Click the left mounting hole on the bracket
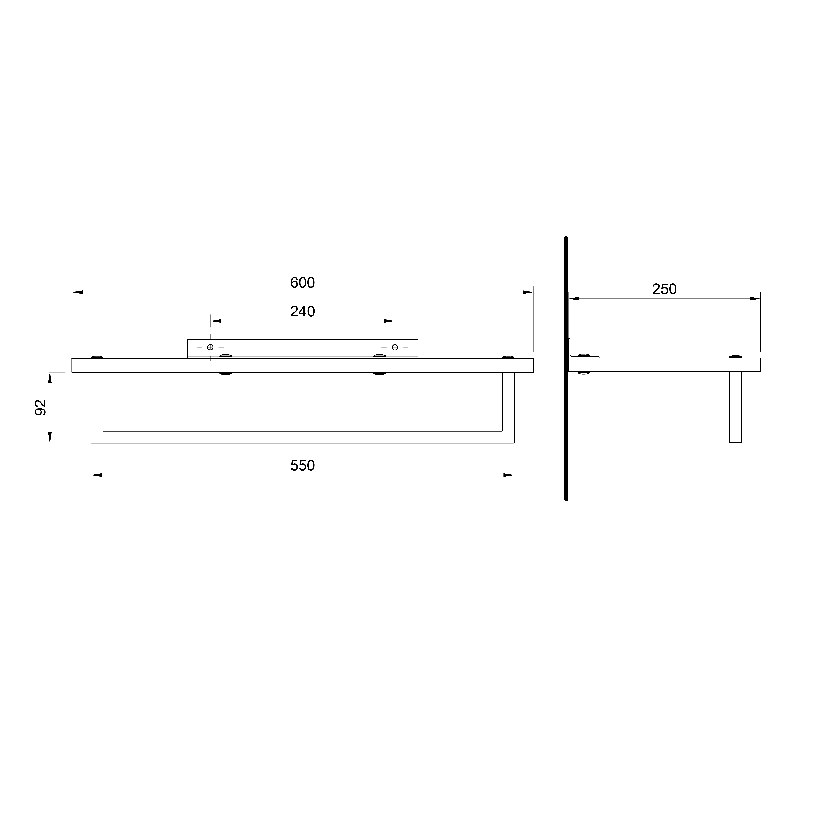210,347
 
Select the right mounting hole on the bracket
395,347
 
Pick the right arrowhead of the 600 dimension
528,292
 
